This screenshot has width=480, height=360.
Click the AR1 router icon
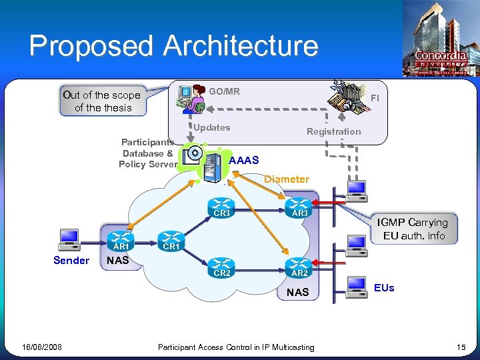coord(121,239)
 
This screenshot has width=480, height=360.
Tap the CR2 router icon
coord(222,265)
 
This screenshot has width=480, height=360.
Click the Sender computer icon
coord(69,238)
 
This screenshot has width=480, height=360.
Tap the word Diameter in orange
coord(286,179)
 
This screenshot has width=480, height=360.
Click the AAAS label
coord(243,161)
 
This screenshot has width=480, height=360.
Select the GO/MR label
coord(224,91)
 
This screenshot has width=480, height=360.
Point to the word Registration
coord(333,131)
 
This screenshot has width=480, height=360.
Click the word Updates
coord(211,127)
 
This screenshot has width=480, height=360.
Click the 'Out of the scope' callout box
coord(101,101)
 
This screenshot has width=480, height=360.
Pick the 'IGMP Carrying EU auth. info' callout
coord(414,229)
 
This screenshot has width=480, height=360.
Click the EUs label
coord(384,288)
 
